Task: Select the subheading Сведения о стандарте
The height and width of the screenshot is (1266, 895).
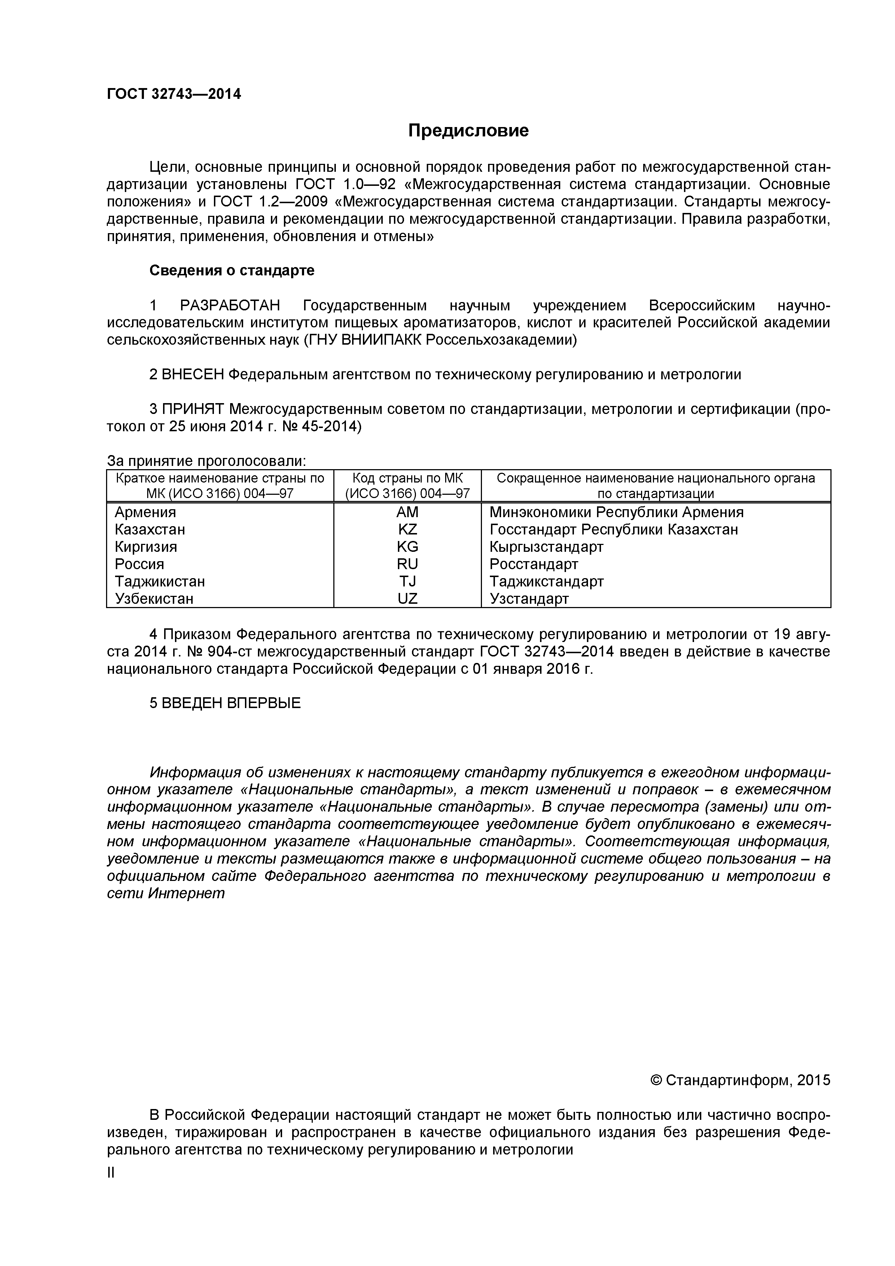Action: click(x=232, y=271)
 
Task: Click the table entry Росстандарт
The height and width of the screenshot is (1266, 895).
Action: click(x=534, y=564)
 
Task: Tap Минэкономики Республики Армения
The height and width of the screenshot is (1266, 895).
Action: click(x=616, y=512)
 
